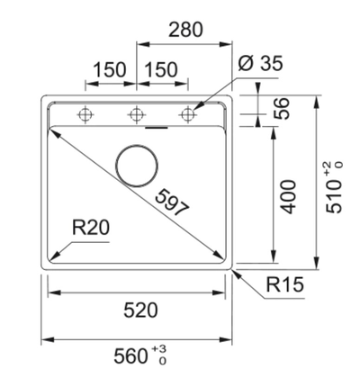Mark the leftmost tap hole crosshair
tap(86, 114)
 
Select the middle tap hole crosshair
tap(137, 114)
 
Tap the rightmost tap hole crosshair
tap(187, 114)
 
